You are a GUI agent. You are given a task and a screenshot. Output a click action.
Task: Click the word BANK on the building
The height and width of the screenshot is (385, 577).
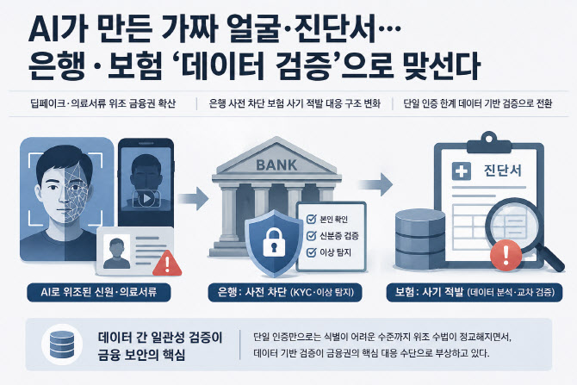click(276, 165)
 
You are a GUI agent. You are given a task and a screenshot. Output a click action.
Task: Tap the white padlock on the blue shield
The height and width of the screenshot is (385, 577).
click(274, 242)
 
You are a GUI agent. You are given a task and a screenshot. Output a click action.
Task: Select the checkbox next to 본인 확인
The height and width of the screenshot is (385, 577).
click(311, 220)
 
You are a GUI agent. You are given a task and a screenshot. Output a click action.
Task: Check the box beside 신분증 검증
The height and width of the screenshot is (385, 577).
click(311, 235)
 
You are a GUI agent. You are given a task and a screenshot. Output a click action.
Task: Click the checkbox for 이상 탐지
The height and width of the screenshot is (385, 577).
click(311, 252)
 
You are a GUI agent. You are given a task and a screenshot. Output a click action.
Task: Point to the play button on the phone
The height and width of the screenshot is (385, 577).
click(146, 199)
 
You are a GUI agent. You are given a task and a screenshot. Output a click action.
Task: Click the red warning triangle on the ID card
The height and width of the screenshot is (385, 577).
click(167, 264)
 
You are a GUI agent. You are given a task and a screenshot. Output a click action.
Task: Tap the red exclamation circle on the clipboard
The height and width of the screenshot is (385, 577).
click(506, 254)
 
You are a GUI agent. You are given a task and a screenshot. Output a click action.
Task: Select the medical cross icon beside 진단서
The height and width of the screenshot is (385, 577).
click(461, 171)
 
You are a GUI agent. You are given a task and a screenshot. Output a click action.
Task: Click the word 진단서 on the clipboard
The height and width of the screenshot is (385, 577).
click(503, 171)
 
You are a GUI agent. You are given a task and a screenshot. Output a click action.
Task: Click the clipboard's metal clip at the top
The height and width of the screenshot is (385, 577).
click(489, 144)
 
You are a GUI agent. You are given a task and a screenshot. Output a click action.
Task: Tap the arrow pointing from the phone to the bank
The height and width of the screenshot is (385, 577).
click(194, 198)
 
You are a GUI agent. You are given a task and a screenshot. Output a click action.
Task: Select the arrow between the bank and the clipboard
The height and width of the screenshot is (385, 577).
click(376, 184)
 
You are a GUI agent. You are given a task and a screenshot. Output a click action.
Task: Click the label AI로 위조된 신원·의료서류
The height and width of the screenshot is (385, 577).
click(99, 292)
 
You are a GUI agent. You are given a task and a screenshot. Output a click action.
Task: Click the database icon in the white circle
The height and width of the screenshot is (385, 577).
click(62, 345)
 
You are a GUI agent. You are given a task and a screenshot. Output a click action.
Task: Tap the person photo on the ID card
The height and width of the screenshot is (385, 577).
click(116, 251)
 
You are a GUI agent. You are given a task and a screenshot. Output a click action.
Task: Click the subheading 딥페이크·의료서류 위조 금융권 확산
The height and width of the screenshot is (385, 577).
click(103, 103)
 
